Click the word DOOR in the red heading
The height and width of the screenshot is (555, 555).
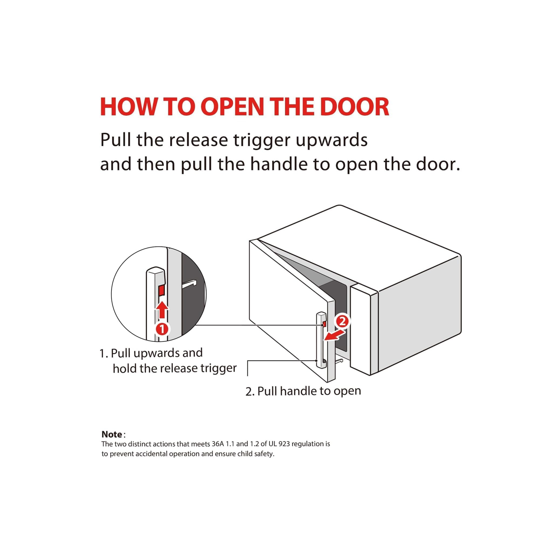pos(354,107)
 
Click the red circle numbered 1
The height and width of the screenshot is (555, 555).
pos(162,329)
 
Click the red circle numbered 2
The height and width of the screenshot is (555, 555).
pos(342,321)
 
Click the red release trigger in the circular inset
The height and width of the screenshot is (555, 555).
pos(162,291)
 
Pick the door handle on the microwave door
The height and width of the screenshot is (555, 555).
pos(321,340)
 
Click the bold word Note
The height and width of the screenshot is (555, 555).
pos(112,434)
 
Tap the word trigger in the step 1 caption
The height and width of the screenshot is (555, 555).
pos(219,369)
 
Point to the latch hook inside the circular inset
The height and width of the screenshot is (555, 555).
pos(189,283)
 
